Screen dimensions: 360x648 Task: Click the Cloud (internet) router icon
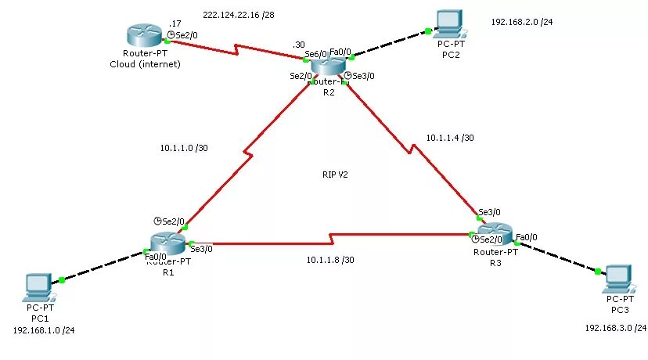(x=145, y=35)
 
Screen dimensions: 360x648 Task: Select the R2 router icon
(x=327, y=69)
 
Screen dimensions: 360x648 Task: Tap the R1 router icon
(x=167, y=245)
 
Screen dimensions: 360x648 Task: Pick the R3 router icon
(x=495, y=236)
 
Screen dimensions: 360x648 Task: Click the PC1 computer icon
(x=37, y=286)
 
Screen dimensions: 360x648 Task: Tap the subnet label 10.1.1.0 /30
(x=184, y=147)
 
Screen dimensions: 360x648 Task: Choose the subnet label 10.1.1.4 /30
(x=450, y=138)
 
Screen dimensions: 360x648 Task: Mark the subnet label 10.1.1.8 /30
(x=329, y=260)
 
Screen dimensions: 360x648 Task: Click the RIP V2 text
(x=334, y=175)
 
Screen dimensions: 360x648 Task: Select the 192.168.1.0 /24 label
(x=44, y=330)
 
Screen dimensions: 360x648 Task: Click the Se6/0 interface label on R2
(x=315, y=54)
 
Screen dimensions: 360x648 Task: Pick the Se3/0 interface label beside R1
(x=201, y=249)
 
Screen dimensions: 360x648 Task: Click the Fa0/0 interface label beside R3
(x=527, y=236)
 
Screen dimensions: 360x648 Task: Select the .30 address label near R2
(x=298, y=45)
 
